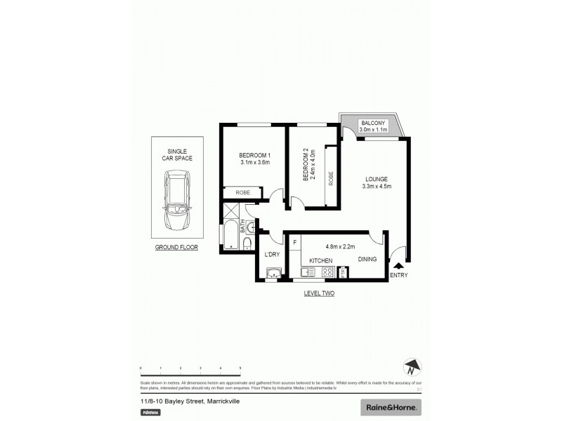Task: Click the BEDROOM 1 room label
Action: pos(254,155)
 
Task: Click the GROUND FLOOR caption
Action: pos(177,248)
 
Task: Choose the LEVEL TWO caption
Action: pos(318,293)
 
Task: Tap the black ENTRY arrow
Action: pos(400,266)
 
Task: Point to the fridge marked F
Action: pos(294,242)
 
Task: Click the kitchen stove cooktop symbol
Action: pos(326,272)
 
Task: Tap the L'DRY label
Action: pos(273,254)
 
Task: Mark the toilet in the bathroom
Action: pos(248,243)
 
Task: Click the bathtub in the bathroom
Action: pos(230,238)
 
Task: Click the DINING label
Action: pos(367,260)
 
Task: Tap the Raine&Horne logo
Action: pos(391,406)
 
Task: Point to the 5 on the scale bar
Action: pos(240,368)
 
